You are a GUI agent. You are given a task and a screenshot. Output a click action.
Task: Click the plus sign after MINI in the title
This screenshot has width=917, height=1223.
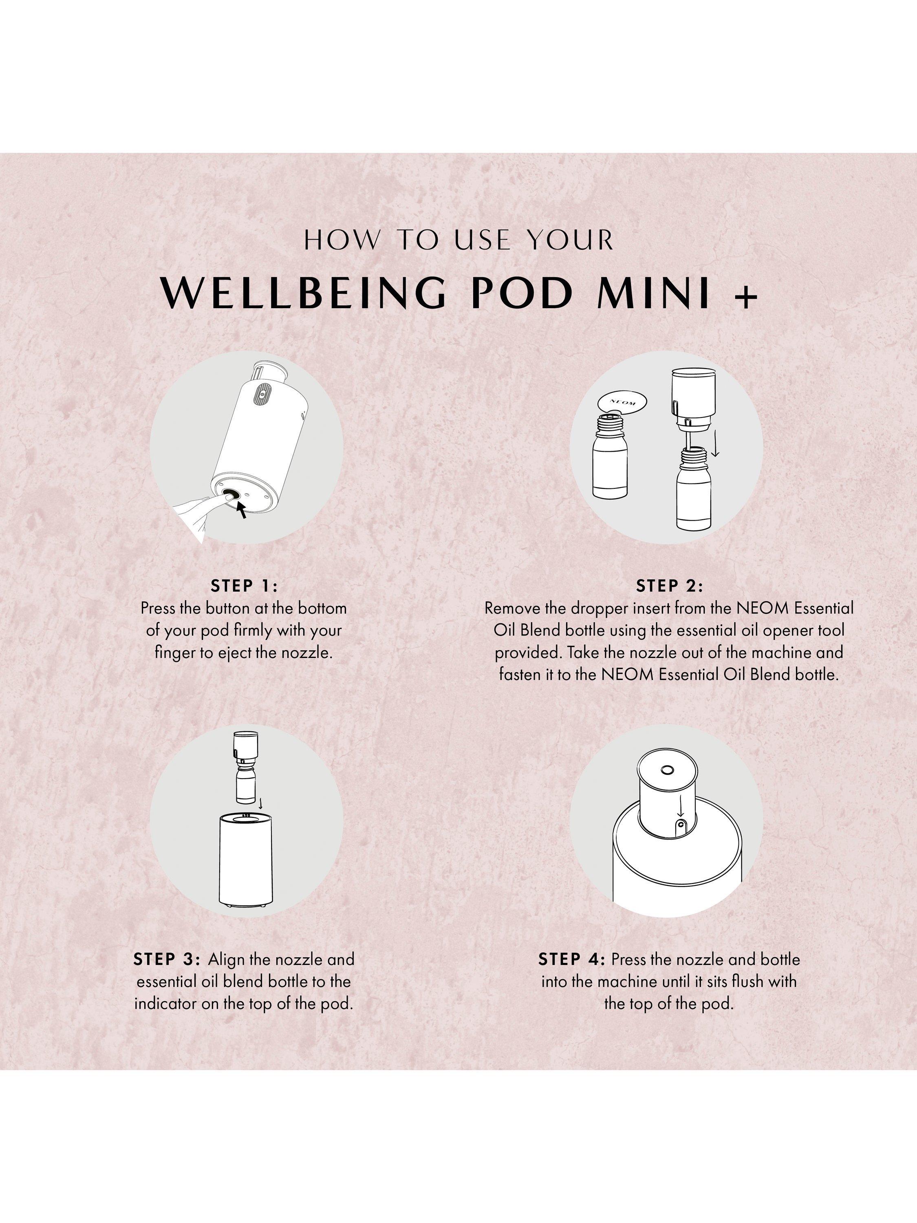pos(746,298)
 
